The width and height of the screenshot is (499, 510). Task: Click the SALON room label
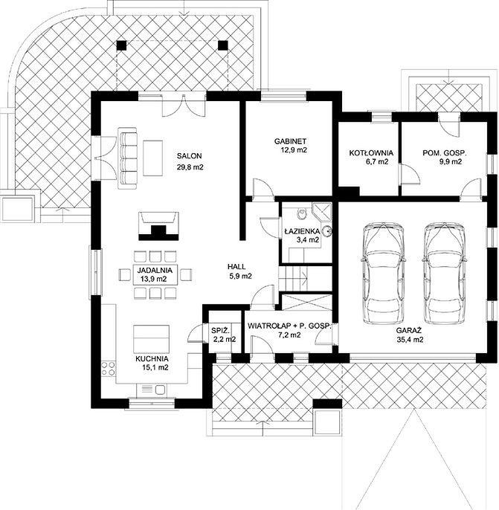[x=190, y=156]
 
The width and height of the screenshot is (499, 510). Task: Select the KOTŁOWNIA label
[x=371, y=153]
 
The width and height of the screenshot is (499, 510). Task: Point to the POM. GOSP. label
[x=445, y=153]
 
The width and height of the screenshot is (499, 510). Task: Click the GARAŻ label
[x=409, y=330]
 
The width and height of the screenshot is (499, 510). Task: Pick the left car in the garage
[x=383, y=273]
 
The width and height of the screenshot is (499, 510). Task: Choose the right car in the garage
[x=444, y=273]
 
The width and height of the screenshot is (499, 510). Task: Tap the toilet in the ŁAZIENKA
[x=302, y=213]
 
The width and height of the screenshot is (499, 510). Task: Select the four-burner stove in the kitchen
[x=109, y=369]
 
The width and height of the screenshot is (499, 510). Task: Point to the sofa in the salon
[x=127, y=158]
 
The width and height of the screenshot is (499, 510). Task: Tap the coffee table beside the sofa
[x=152, y=158]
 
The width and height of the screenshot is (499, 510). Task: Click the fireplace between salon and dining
[x=158, y=226]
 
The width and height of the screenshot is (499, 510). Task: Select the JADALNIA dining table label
[x=154, y=271]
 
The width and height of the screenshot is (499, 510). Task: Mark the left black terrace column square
[x=121, y=45]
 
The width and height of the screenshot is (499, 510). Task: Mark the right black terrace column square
[x=222, y=45]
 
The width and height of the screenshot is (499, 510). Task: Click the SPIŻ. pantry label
[x=220, y=331]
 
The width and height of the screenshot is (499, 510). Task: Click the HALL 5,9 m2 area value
[x=240, y=277]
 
